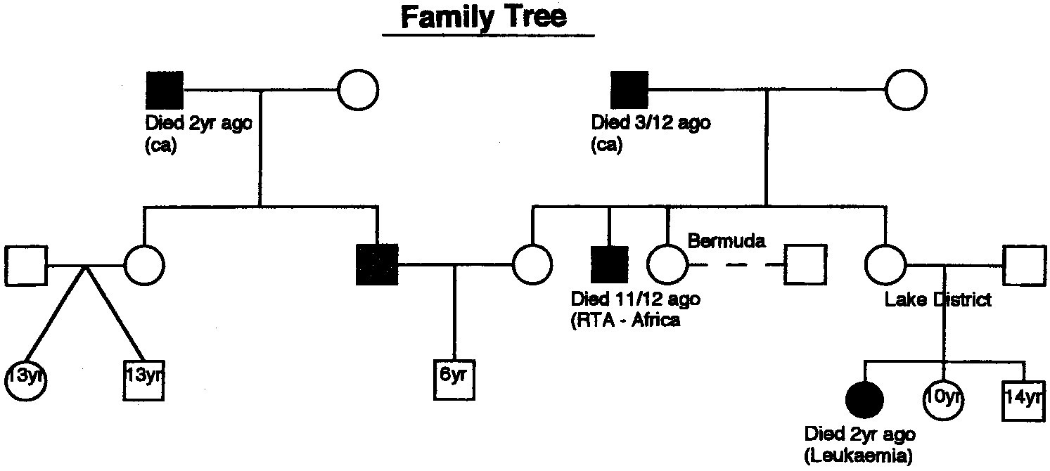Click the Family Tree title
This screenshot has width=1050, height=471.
pyautogui.click(x=483, y=16)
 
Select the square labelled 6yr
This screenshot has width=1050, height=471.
pyautogui.click(x=454, y=378)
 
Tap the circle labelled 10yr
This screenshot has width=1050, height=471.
pyautogui.click(x=943, y=399)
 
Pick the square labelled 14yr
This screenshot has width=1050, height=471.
pyautogui.click(x=1022, y=399)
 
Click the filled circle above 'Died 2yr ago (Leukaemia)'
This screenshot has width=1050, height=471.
pyautogui.click(x=864, y=399)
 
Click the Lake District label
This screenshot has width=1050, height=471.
pyautogui.click(x=937, y=300)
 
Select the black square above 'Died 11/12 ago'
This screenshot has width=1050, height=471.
pyautogui.click(x=609, y=265)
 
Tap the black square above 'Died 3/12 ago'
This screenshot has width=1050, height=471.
pyautogui.click(x=629, y=91)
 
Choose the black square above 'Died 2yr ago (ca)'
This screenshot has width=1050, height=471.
pyautogui.click(x=165, y=91)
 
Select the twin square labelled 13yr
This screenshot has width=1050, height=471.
pyautogui.click(x=145, y=378)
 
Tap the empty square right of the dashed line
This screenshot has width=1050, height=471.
pyautogui.click(x=805, y=265)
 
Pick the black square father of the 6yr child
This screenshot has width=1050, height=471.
pyautogui.click(x=377, y=265)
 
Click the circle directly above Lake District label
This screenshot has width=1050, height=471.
pyautogui.click(x=885, y=265)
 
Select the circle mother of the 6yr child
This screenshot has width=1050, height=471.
pyautogui.click(x=532, y=265)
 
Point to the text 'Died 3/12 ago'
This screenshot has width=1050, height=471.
pyautogui.click(x=651, y=124)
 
